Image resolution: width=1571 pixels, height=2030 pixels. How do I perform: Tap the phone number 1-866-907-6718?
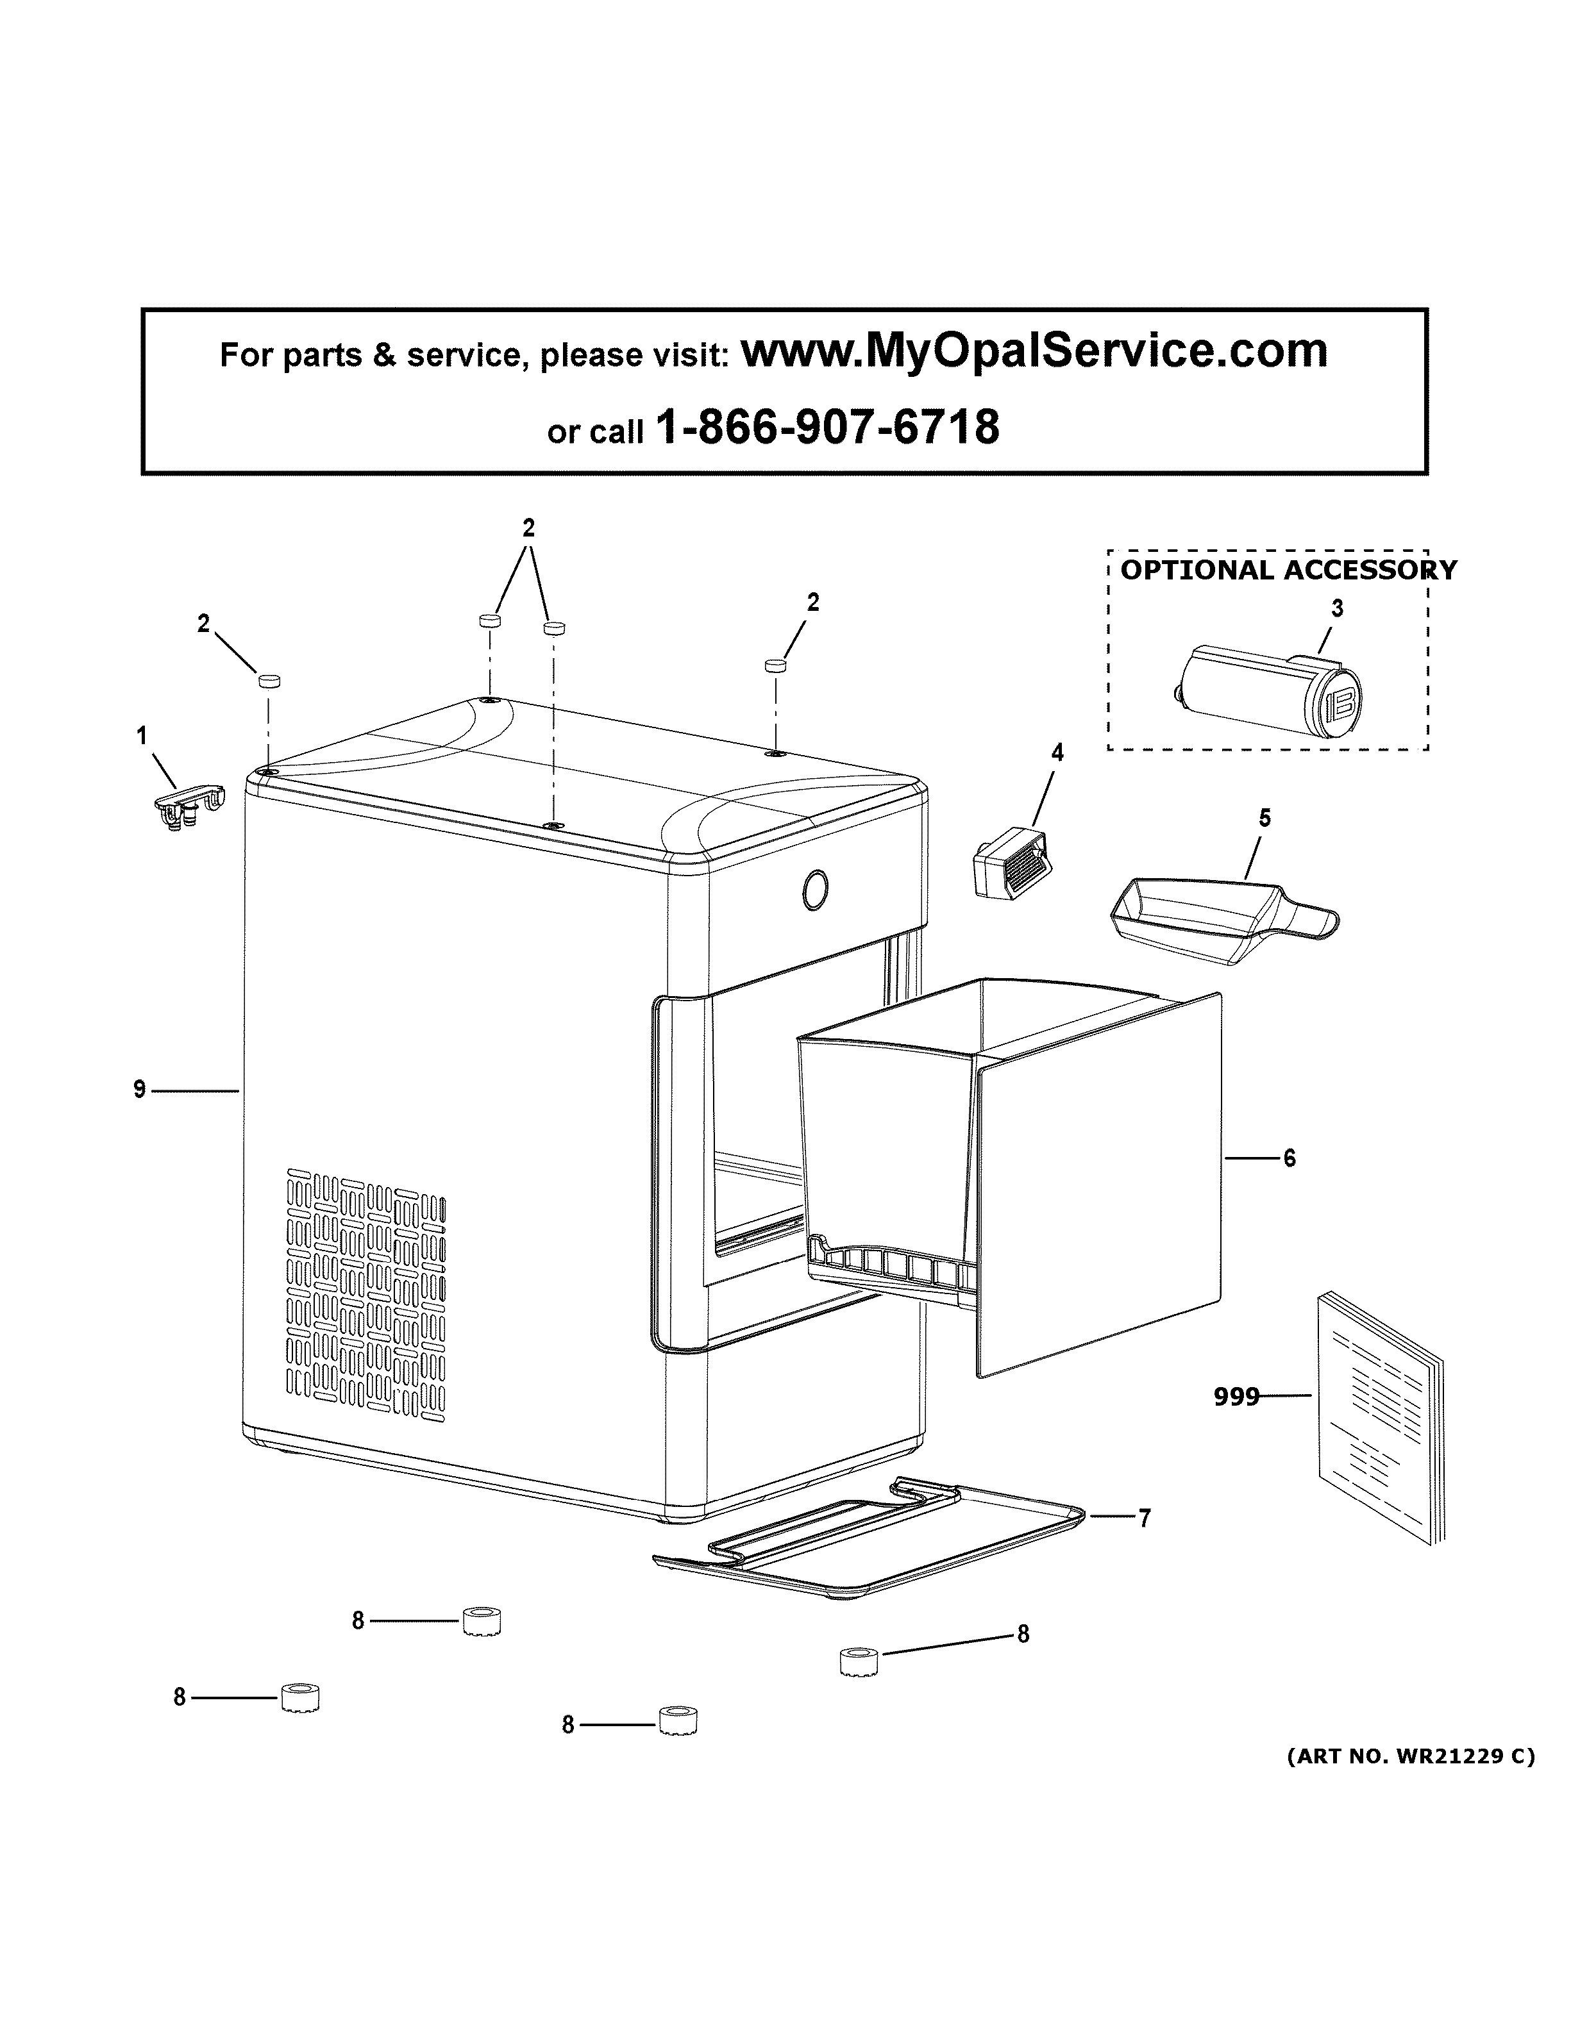pos(827,428)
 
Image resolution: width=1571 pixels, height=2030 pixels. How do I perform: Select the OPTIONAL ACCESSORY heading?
pos(1288,570)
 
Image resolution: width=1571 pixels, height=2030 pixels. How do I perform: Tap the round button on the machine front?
pos(814,890)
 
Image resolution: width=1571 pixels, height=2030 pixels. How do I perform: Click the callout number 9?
pos(139,1088)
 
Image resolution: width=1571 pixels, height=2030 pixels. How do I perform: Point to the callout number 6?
pos(1290,1158)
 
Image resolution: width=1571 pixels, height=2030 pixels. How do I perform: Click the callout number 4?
pos(1057,753)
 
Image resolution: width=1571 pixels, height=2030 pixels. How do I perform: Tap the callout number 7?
pos(1145,1518)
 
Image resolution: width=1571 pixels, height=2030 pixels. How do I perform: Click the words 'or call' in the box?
pos(595,432)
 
